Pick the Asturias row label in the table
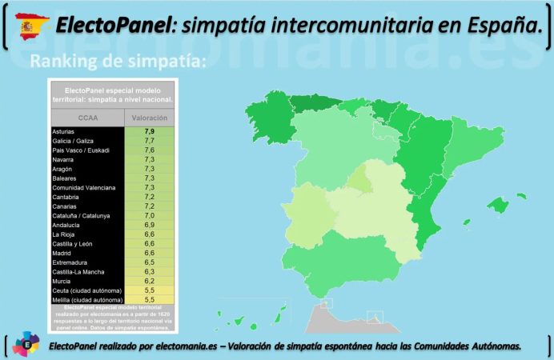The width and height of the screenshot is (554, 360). click(63, 131)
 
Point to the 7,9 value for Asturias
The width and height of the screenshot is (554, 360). click(149, 131)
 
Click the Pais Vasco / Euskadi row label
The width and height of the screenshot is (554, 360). click(80, 150)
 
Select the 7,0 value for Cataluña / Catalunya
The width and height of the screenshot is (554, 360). click(149, 216)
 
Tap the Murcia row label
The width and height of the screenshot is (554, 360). click(62, 281)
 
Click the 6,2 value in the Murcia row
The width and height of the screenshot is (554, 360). click(149, 281)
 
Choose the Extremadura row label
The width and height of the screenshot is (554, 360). click(70, 262)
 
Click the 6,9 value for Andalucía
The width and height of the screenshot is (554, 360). click(149, 225)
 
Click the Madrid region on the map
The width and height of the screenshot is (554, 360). click(360, 179)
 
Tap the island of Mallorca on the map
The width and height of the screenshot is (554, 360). click(499, 205)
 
